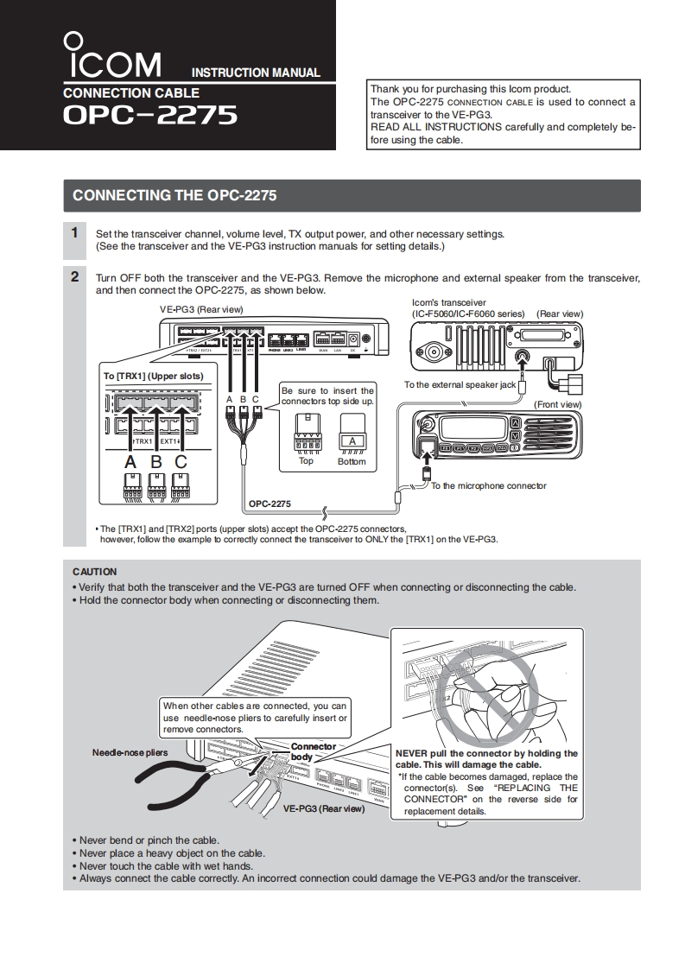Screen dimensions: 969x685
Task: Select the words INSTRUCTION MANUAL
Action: coord(255,73)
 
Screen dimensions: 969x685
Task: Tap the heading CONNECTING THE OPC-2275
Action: coord(174,195)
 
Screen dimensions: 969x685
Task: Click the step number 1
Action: coord(75,232)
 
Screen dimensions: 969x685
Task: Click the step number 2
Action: coord(75,277)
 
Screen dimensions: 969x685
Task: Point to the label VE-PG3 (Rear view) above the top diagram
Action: coord(201,309)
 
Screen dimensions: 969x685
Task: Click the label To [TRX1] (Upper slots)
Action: coord(154,376)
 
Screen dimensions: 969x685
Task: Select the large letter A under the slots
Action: coord(130,461)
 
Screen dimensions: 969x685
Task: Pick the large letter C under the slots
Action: coord(181,461)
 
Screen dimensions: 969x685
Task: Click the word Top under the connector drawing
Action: coord(306,461)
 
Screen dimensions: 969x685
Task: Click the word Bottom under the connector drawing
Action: coord(352,462)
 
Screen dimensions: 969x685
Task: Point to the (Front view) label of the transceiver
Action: coord(557,404)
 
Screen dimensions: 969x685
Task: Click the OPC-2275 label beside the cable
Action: coord(270,503)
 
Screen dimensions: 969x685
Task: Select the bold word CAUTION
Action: coord(94,572)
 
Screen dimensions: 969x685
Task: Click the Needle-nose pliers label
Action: coord(130,752)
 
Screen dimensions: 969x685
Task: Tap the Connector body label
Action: coord(312,751)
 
